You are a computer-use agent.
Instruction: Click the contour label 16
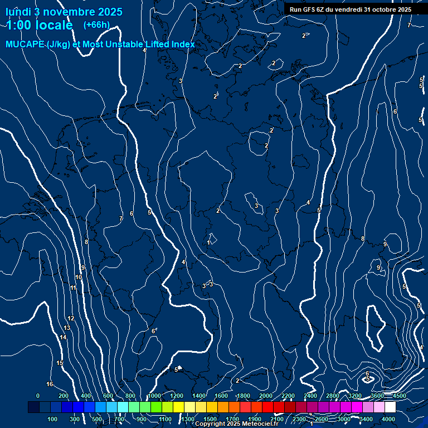(x=50, y=384)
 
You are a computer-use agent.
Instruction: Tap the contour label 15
(x=60, y=363)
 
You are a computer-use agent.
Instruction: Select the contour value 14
(x=63, y=338)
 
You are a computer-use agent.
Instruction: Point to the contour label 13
(x=67, y=328)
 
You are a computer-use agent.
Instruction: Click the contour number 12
(x=71, y=318)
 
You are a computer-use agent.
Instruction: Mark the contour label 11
(x=73, y=288)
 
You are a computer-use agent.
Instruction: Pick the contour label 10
(x=79, y=277)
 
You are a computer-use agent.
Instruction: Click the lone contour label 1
(x=208, y=242)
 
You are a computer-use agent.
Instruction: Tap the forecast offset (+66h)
(x=96, y=25)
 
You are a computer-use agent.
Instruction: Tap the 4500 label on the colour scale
(x=399, y=396)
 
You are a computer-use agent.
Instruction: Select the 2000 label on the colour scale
(x=266, y=396)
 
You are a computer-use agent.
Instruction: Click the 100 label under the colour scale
(x=52, y=419)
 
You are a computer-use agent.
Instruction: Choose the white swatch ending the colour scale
(x=390, y=407)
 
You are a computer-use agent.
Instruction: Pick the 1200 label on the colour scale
(x=177, y=396)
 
